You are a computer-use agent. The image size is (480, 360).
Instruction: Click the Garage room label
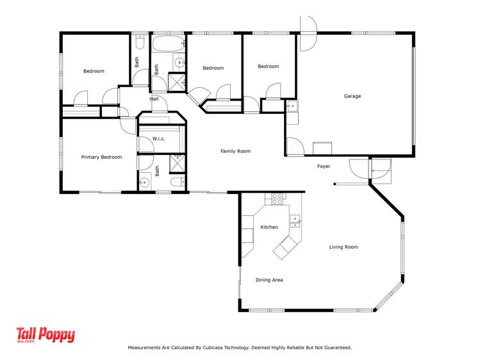point(352,96)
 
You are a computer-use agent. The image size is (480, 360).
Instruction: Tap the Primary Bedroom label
point(101,157)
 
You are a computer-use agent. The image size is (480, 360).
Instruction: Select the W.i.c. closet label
point(160,138)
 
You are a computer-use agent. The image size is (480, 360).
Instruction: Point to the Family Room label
point(235,151)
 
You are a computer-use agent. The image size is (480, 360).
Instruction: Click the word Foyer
point(324,167)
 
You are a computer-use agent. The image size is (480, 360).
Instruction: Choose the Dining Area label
point(269,280)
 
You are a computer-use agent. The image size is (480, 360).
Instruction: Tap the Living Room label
point(343,247)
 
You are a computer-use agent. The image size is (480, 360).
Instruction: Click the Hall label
point(154,99)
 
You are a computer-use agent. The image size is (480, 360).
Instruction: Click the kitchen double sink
point(295,221)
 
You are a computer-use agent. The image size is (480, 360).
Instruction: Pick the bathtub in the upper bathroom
point(169,45)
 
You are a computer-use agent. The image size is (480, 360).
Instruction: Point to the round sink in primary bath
point(145,183)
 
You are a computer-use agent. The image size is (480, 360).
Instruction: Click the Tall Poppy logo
point(46,336)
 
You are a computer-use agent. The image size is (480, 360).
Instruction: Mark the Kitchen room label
point(269,227)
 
